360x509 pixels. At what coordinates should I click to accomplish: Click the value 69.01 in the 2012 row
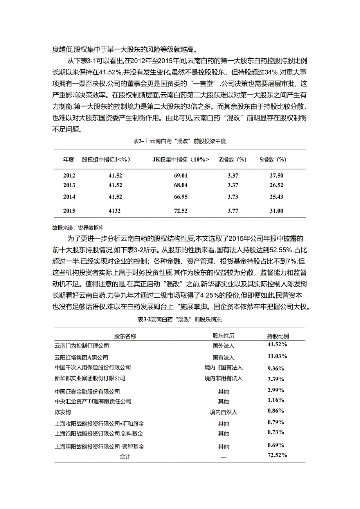(x=181, y=176)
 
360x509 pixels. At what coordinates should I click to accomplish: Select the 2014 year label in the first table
(x=69, y=196)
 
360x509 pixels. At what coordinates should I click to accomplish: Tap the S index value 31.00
(x=277, y=211)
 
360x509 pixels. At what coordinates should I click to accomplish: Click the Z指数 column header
(x=232, y=159)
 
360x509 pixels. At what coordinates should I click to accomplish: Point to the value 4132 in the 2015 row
(x=115, y=211)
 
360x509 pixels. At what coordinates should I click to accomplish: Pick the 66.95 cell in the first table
(x=181, y=196)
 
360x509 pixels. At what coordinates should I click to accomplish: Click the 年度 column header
(x=68, y=159)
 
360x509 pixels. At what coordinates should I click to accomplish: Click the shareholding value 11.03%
(x=277, y=356)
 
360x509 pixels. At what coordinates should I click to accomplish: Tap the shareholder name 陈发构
(x=63, y=412)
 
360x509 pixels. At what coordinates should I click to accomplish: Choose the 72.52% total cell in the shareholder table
(x=277, y=455)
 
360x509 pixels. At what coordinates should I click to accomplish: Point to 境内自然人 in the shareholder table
(x=223, y=412)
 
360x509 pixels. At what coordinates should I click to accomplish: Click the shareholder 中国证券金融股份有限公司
(x=87, y=392)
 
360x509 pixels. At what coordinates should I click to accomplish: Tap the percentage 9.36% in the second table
(x=276, y=368)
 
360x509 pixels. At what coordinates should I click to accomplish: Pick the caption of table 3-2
(x=180, y=319)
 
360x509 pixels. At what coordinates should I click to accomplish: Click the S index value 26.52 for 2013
(x=277, y=185)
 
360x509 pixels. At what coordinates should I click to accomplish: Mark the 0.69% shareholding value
(x=275, y=445)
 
